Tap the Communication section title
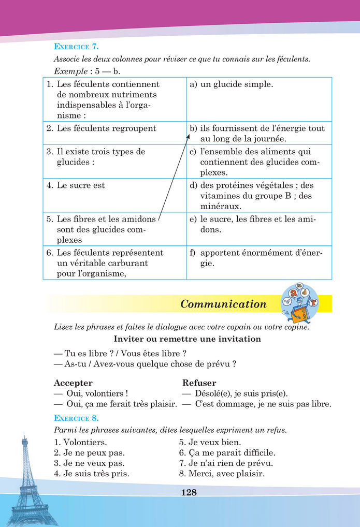pyautogui.click(x=223, y=304)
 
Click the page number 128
pyautogui.click(x=189, y=492)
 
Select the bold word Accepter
pyautogui.click(x=73, y=383)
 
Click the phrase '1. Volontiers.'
pyautogui.click(x=80, y=443)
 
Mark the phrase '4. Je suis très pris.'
pyautogui.click(x=92, y=474)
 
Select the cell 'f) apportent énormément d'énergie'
pyautogui.click(x=258, y=258)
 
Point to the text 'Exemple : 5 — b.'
pyautogui.click(x=80, y=70)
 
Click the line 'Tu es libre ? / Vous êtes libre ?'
pyautogui.click(x=120, y=354)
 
